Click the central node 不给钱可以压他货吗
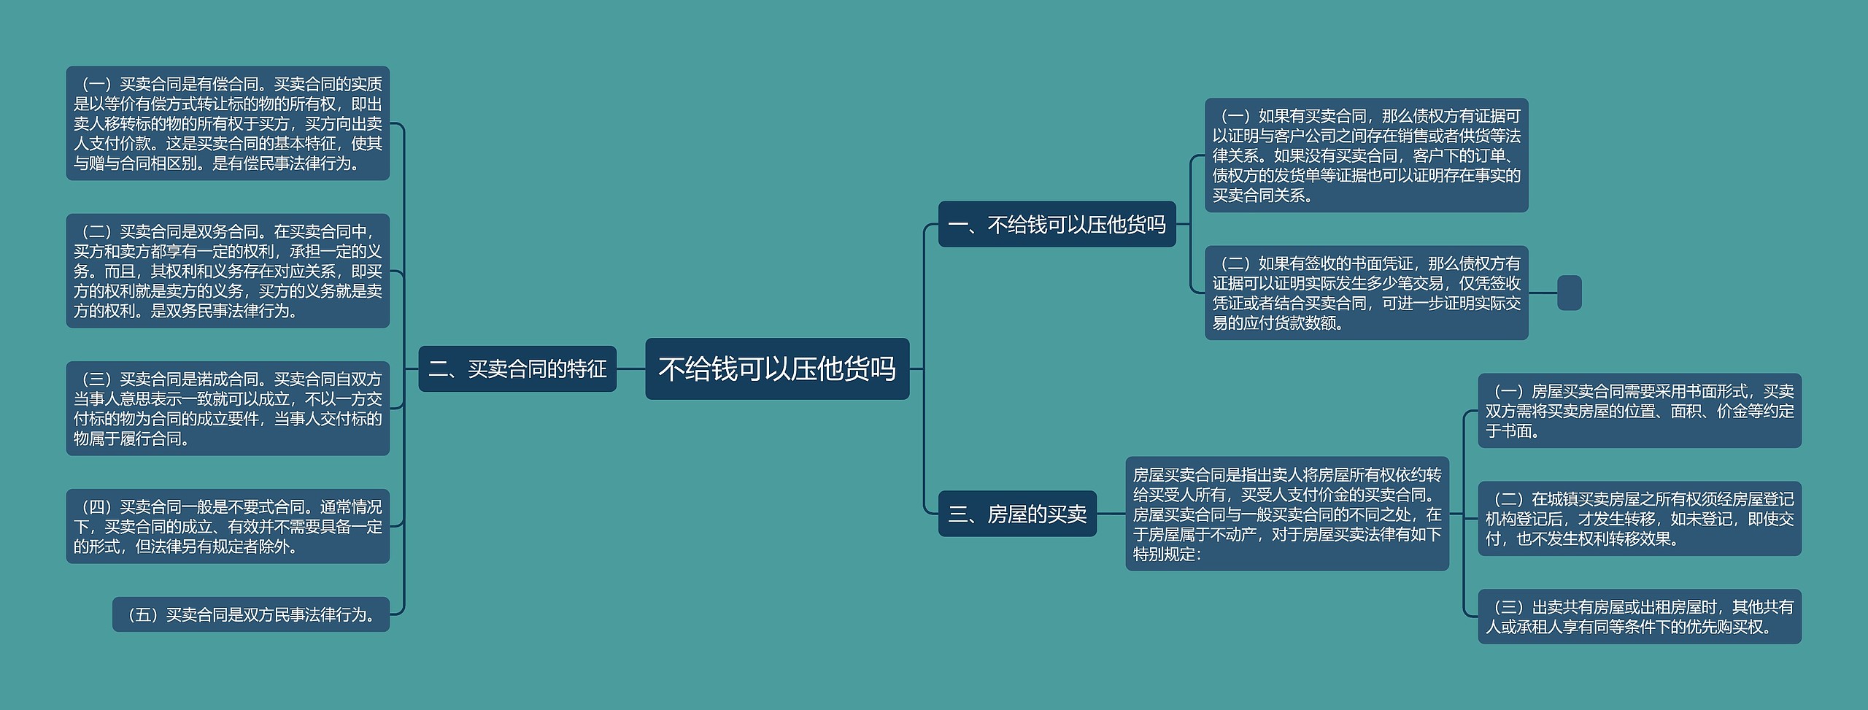point(777,368)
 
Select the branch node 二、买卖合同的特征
point(517,368)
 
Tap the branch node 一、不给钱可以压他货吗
point(1057,224)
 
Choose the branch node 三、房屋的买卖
point(1017,514)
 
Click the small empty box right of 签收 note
point(1569,293)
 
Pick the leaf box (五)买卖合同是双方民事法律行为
point(250,614)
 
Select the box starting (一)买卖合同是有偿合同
point(228,123)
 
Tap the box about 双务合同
point(228,271)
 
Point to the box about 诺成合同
point(228,408)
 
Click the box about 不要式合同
point(228,526)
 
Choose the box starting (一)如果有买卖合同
point(1366,155)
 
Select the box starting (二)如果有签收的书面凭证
point(1366,293)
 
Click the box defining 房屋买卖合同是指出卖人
point(1287,514)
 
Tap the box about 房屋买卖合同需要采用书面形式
point(1640,411)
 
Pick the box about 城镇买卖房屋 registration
point(1640,519)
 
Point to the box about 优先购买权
point(1640,617)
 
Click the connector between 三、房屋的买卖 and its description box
point(1111,514)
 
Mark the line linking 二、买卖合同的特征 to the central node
point(630,368)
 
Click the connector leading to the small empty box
point(1543,293)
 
